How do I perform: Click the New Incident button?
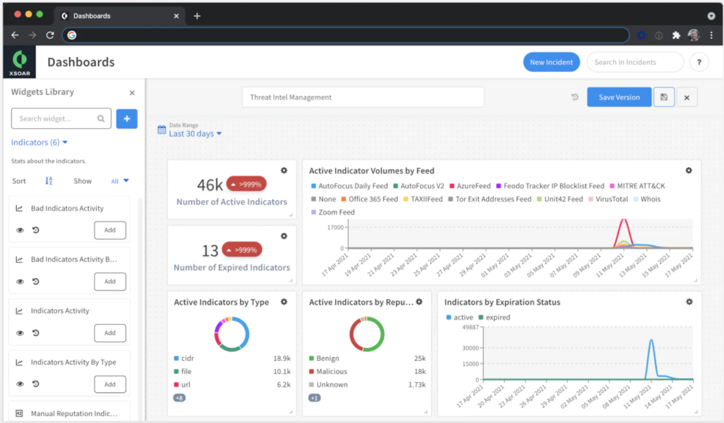pos(551,62)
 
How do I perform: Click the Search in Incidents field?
pos(635,62)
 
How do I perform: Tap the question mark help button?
pos(699,62)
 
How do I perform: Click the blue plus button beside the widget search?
pos(127,119)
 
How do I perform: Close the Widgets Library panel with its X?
pos(132,93)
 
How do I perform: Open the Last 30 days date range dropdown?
pos(195,133)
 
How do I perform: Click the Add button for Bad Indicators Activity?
pos(110,230)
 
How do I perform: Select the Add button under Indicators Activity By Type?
pos(110,384)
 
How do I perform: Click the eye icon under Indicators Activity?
pos(20,333)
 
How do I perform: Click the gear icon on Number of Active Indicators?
pos(284,170)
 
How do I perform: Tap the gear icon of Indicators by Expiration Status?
pos(690,302)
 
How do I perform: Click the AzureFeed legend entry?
pos(470,186)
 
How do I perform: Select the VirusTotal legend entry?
pos(608,199)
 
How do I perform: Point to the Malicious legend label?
pos(332,371)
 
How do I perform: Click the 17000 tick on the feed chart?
pos(335,227)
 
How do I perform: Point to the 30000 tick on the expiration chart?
pos(471,348)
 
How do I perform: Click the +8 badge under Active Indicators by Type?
pos(179,398)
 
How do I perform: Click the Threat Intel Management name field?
pos(363,97)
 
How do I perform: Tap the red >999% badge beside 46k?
pos(246,184)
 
